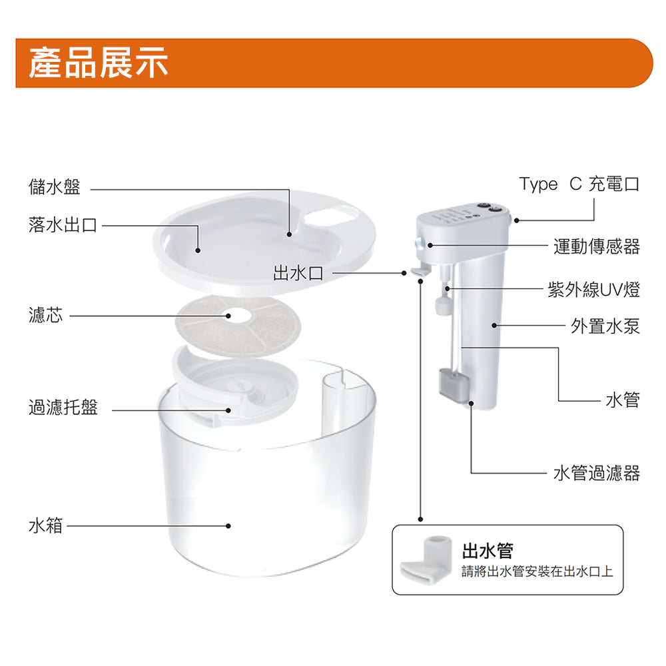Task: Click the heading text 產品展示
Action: (x=99, y=63)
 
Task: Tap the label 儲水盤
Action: (x=55, y=187)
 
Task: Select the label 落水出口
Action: (x=63, y=224)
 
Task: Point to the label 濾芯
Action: (x=45, y=315)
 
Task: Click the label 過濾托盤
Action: (x=63, y=407)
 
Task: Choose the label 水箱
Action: (x=45, y=525)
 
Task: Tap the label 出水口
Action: (x=298, y=273)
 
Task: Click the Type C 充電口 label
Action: (x=579, y=184)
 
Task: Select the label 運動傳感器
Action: (x=596, y=246)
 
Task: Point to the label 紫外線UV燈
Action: (x=594, y=290)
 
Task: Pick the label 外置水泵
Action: (x=605, y=326)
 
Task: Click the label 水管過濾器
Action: (x=596, y=473)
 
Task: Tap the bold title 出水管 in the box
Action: (x=488, y=551)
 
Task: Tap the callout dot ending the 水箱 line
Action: (x=228, y=526)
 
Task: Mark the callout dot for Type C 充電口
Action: (x=517, y=220)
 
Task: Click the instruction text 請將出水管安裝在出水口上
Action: (x=537, y=571)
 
